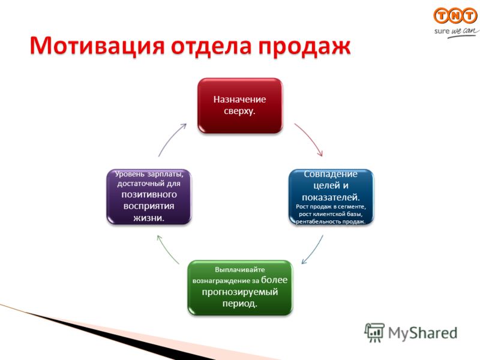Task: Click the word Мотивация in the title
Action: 97,46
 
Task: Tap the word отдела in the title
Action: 212,46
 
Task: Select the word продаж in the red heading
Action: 304,47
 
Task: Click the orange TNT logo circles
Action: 455,16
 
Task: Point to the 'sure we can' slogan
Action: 457,32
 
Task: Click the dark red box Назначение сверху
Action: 240,106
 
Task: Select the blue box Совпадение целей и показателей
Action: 331,197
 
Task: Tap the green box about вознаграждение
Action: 240,287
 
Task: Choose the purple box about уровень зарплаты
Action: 149,197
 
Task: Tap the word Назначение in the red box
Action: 239,99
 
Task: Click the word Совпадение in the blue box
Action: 331,174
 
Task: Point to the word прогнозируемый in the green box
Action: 240,292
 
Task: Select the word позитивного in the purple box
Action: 149,194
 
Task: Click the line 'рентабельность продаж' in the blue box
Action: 331,221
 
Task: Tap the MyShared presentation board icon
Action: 374,332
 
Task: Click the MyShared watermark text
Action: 422,333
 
